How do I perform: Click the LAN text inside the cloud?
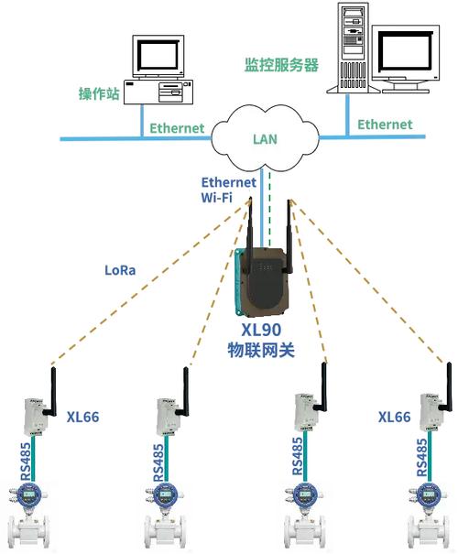point(264,140)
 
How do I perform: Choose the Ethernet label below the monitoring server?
point(385,124)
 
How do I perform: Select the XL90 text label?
point(261,331)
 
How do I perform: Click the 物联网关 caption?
point(261,350)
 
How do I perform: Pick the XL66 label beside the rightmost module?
point(394,417)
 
